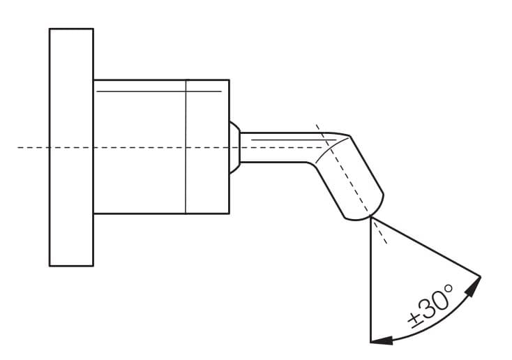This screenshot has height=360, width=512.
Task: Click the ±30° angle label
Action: click(x=431, y=306)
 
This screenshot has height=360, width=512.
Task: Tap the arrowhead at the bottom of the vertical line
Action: click(x=382, y=340)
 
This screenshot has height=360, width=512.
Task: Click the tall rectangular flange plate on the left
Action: click(x=72, y=147)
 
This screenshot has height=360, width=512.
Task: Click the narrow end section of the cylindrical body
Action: click(x=208, y=147)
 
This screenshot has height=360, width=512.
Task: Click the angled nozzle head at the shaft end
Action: click(x=349, y=177)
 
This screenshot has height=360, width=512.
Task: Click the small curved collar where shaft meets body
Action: click(x=235, y=147)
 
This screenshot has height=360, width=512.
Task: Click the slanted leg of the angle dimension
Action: click(x=426, y=247)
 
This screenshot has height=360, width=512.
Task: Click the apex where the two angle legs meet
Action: click(x=371, y=218)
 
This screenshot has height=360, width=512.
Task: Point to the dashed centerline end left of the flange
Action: click(x=18, y=148)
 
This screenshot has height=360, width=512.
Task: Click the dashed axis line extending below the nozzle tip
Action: click(x=379, y=232)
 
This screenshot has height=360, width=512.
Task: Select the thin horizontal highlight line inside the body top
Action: click(x=159, y=91)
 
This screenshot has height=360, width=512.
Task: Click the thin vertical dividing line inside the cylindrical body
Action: click(x=186, y=147)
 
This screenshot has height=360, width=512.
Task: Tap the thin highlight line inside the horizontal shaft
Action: click(x=293, y=140)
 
